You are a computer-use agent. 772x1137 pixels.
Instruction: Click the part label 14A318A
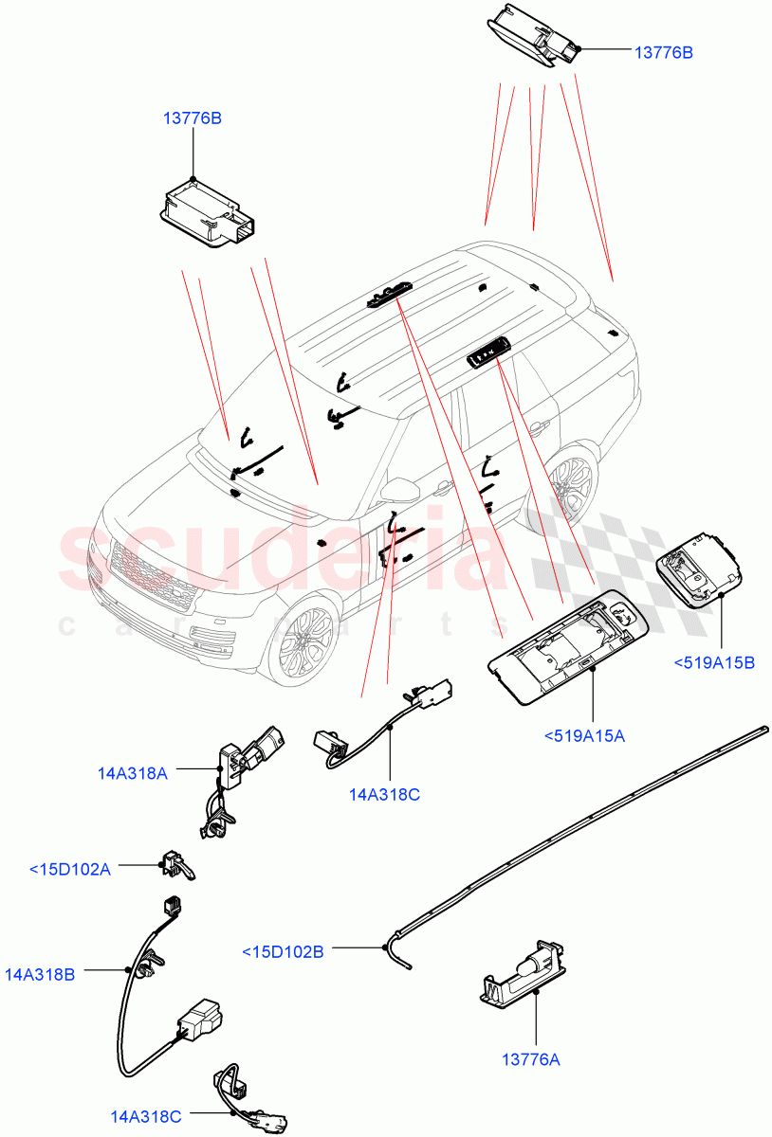[x=132, y=772]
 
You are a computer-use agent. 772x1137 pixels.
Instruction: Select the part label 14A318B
[x=39, y=973]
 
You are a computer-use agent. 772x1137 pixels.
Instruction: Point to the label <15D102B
[x=283, y=951]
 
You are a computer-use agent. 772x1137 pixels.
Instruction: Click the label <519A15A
[x=585, y=734]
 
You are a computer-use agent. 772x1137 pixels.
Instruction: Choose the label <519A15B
[x=714, y=662]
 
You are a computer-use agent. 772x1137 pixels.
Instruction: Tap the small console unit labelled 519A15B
[x=699, y=566]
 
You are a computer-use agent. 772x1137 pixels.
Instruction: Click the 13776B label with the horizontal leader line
[x=663, y=53]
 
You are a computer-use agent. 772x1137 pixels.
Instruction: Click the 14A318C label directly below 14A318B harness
[x=146, y=1117]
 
